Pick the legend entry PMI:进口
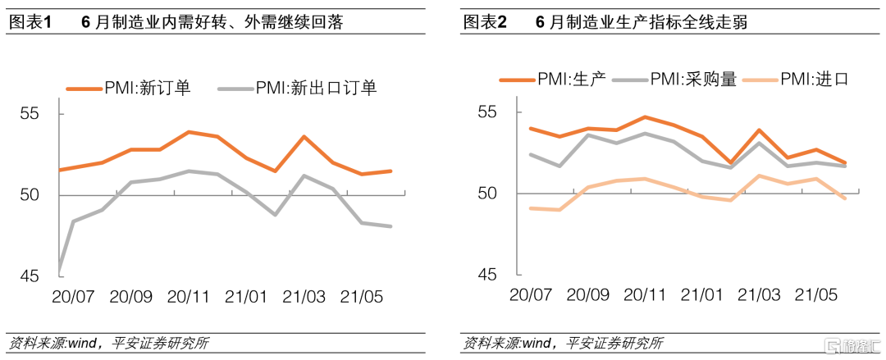[x=813, y=79]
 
